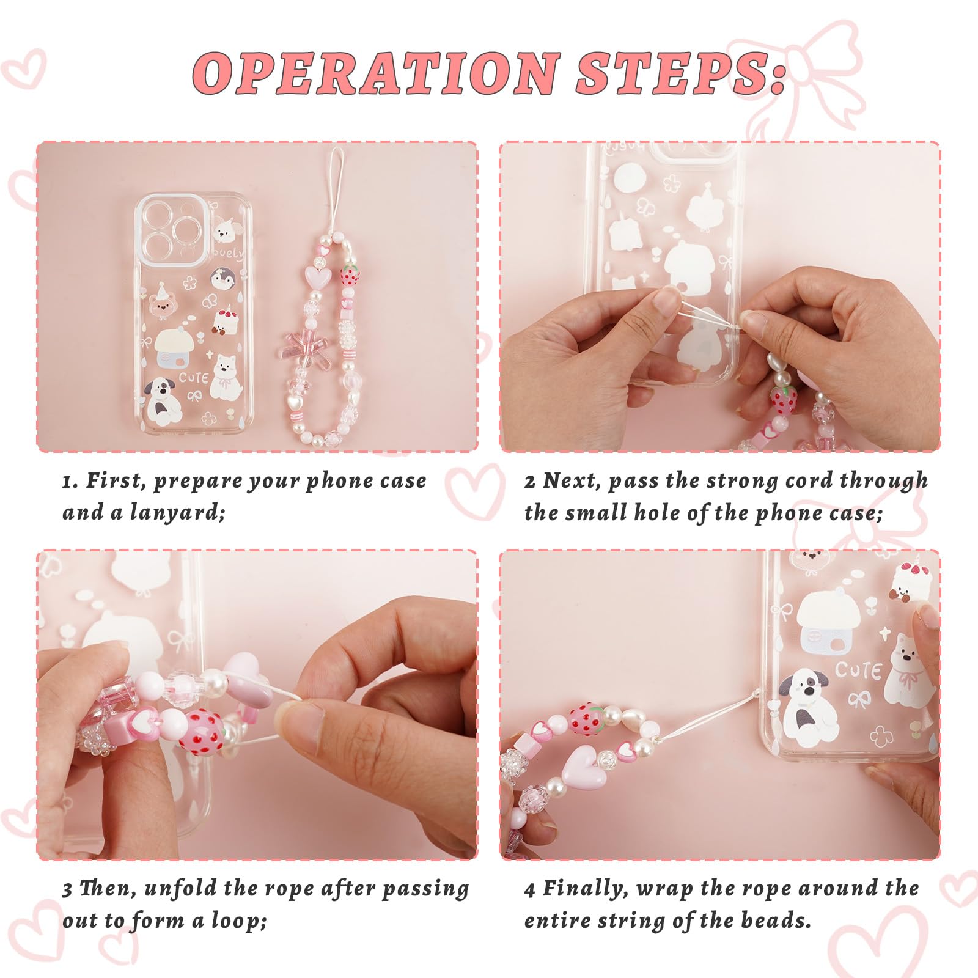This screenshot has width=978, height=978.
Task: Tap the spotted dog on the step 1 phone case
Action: tap(162, 400)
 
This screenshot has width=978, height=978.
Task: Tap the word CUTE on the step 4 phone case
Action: tap(858, 671)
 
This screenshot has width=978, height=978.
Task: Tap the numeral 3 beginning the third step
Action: tap(67, 889)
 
